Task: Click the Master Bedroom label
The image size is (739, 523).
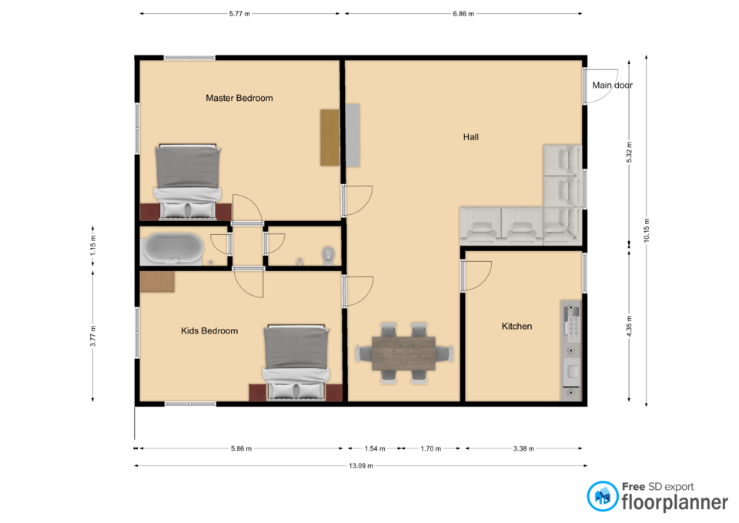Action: [x=239, y=98]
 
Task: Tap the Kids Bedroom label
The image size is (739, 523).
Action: [x=209, y=331]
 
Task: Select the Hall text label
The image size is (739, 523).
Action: [x=471, y=137]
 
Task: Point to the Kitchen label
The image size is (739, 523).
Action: [x=517, y=327]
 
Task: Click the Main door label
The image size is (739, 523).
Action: [x=612, y=85]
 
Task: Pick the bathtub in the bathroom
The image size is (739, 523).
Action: [x=173, y=248]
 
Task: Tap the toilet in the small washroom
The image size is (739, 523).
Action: [x=328, y=255]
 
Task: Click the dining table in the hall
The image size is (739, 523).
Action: [x=403, y=354]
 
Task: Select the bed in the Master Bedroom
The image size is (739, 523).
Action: [x=188, y=182]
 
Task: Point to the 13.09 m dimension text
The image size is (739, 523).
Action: [x=361, y=466]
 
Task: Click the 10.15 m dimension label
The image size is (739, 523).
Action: [x=647, y=230]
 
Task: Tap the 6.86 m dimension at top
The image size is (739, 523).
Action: [x=463, y=14]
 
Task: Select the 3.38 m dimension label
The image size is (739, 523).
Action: [x=523, y=448]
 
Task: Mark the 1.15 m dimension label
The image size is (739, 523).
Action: [x=93, y=246]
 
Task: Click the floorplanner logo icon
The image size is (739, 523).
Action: [x=602, y=496]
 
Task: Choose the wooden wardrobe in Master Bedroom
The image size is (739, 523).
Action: [x=330, y=138]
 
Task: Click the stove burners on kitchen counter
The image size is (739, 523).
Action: [x=573, y=322]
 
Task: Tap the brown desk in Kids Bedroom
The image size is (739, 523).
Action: [x=157, y=282]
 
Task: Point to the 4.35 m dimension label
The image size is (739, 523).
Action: [x=629, y=327]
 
